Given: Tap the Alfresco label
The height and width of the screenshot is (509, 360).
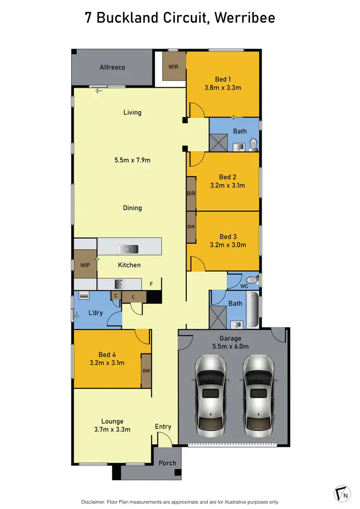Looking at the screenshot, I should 112,68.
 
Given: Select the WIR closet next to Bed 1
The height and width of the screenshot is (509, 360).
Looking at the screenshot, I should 173,67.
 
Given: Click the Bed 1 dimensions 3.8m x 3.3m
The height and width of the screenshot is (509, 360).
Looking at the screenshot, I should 222,88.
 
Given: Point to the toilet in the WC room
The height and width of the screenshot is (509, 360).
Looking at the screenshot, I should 251,280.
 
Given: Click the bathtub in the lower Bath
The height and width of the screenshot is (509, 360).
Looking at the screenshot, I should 253,309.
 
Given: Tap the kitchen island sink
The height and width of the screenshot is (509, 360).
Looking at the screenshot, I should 128,249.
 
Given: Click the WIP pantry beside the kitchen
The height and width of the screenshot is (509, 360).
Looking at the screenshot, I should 85,264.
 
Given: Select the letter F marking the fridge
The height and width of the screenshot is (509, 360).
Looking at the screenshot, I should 151,284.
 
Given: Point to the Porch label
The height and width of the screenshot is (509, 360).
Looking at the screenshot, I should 168,463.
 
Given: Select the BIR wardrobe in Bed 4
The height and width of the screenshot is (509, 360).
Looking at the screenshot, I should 146,371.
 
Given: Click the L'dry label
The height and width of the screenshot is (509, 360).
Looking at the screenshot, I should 96,313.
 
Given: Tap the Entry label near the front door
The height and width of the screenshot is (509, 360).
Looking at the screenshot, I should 163,426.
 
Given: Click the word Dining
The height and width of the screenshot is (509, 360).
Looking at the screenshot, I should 132,208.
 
